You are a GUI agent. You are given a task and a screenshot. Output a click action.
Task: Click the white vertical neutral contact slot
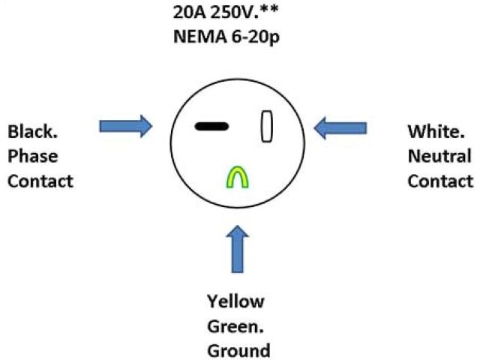point(265,126)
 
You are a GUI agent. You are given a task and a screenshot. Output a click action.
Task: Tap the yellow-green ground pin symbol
point(238,178)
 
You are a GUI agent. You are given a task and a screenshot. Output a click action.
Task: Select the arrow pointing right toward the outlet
point(124,126)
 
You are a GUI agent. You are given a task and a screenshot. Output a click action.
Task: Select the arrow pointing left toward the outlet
point(340,128)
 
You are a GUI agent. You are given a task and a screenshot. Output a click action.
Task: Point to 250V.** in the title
point(241,13)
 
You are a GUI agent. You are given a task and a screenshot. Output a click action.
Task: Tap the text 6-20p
point(251,37)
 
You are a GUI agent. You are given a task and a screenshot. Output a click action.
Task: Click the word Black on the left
point(30,133)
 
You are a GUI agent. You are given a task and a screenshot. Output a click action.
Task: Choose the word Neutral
point(439,157)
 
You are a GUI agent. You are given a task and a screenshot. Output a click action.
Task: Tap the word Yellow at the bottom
point(235,302)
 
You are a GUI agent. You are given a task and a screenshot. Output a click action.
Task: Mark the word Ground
point(238,351)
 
